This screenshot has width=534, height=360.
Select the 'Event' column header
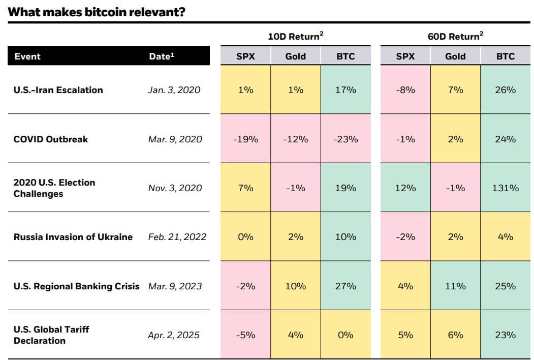pos(27,56)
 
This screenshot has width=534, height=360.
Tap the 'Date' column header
pos(161,56)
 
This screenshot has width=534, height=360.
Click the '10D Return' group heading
pos(295,37)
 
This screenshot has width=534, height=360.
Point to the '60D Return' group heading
pos(455,37)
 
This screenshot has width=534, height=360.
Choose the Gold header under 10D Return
pos(295,56)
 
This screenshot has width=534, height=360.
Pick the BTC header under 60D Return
pos(505,56)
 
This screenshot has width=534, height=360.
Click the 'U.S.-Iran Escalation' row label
pos(58,90)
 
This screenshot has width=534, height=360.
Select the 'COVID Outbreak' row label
pos(50,139)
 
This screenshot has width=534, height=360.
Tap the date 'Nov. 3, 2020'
pos(175,188)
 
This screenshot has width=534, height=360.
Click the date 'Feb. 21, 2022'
pos(177,237)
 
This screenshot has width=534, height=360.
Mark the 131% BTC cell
pos(505,188)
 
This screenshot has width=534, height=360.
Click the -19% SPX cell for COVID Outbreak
pos(245,139)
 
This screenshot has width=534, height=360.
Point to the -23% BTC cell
pos(345,139)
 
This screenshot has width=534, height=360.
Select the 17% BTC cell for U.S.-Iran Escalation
pos(345,90)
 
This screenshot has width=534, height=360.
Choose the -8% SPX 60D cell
pos(405,90)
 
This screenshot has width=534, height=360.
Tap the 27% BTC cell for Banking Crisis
pos(345,286)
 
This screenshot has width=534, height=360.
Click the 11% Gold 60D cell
pos(455,286)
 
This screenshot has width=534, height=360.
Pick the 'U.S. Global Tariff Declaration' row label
pos(51,335)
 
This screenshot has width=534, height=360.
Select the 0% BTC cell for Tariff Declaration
pos(345,335)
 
